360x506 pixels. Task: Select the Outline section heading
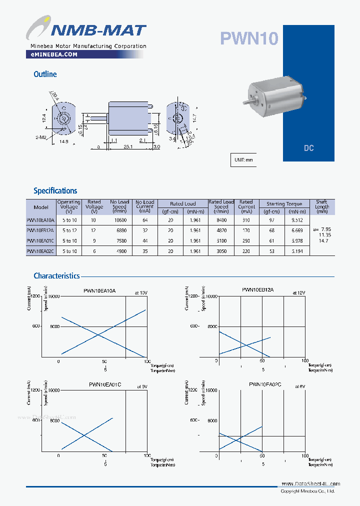[45, 74]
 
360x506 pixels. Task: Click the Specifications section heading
[55, 190]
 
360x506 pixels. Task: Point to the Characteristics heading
[56, 275]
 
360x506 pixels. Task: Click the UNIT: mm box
[243, 160]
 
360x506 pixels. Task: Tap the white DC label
[308, 148]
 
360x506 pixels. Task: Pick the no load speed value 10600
[120, 219]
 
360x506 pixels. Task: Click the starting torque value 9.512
[297, 219]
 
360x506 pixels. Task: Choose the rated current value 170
[246, 230]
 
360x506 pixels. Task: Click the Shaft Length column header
[322, 206]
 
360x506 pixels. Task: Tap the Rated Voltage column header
[94, 206]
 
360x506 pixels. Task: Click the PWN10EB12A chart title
[258, 289]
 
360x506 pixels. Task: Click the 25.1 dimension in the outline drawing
[127, 146]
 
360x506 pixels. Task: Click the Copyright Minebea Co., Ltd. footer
[307, 491]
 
